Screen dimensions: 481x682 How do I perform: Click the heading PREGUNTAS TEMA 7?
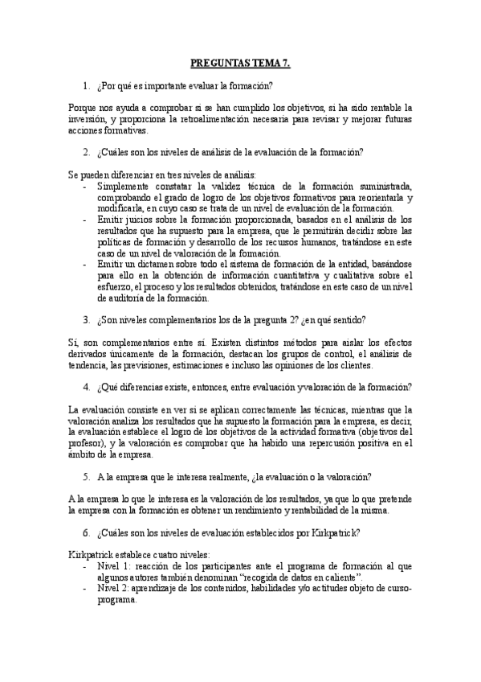[x=240, y=61]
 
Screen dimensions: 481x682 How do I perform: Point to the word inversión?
[x=87, y=119]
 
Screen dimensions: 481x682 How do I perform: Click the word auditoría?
[x=124, y=298]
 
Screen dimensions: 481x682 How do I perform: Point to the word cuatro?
[x=144, y=556]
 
